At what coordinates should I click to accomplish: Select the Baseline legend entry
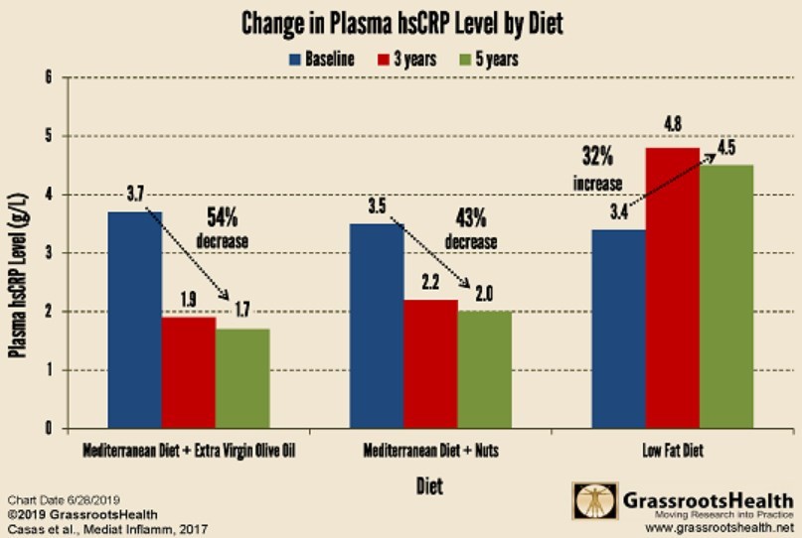[x=322, y=59]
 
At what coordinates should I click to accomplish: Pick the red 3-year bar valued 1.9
[x=189, y=372]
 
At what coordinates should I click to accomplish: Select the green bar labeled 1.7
[x=242, y=378]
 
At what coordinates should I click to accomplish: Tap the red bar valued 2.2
[x=431, y=363]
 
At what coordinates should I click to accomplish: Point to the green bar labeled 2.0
[x=485, y=369]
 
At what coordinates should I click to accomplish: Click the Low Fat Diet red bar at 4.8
[x=673, y=288]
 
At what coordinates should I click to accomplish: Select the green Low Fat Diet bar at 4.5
[x=726, y=297]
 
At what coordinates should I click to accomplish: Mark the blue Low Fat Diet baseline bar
[x=618, y=329]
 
